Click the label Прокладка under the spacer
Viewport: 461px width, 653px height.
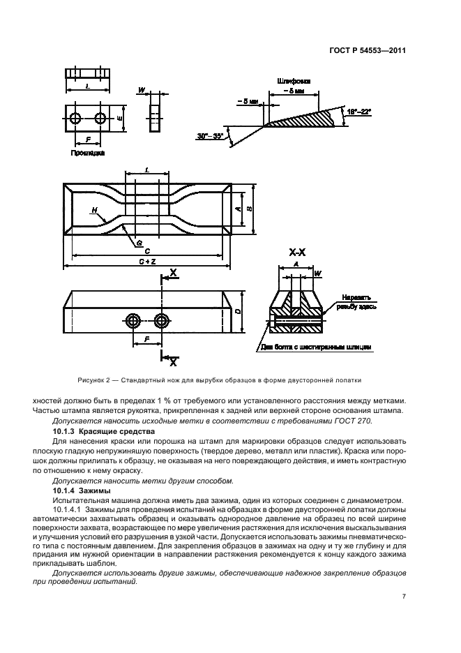pos(88,151)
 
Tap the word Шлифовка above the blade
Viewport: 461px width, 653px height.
pos(297,80)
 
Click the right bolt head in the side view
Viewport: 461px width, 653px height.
pos(163,322)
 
